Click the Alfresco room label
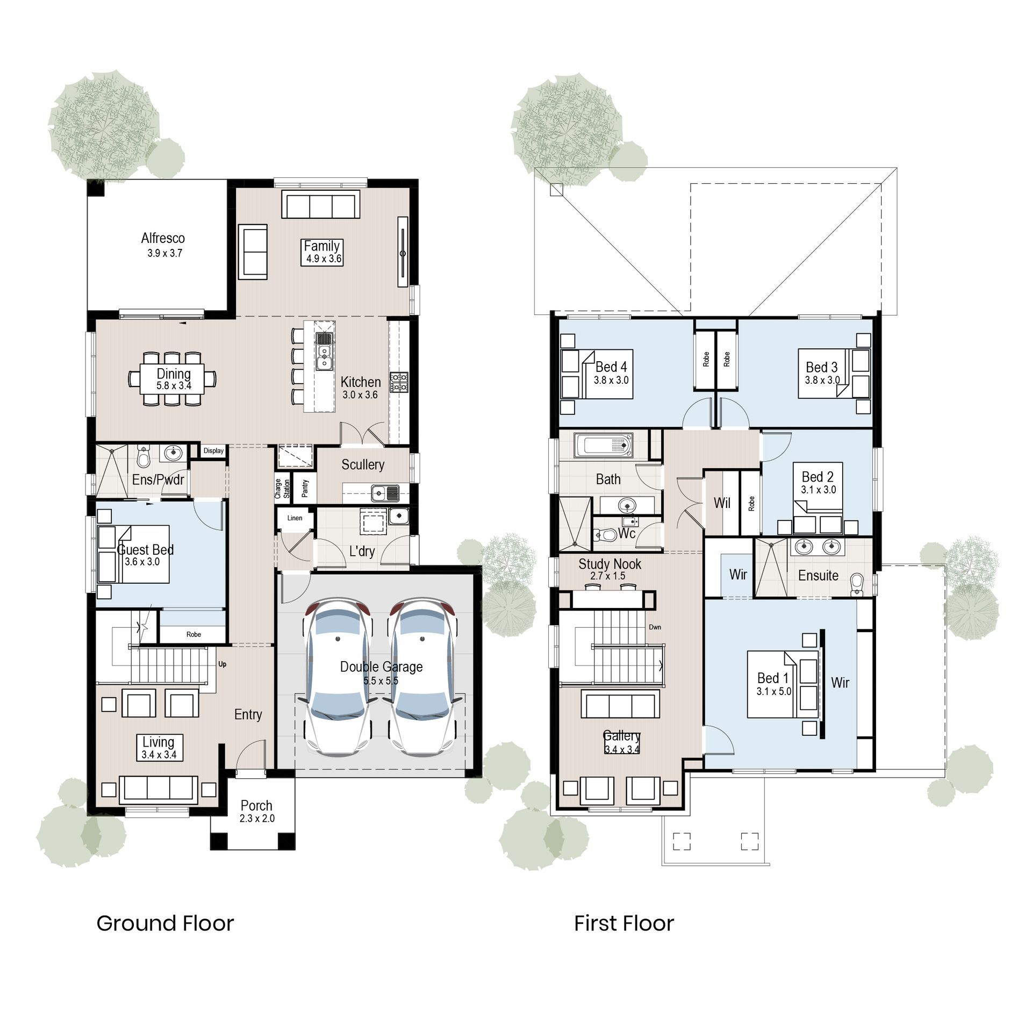163,238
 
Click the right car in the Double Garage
422,677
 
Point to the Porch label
256,805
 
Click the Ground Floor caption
165,923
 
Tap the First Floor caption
623,923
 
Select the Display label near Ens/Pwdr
213,450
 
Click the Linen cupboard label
295,518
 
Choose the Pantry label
305,488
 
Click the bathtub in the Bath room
603,446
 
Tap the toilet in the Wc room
605,535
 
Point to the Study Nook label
610,564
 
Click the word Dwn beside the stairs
655,627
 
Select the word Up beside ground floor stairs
222,664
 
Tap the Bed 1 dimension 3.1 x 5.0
773,692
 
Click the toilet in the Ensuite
857,585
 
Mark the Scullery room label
363,464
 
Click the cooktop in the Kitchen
399,382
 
